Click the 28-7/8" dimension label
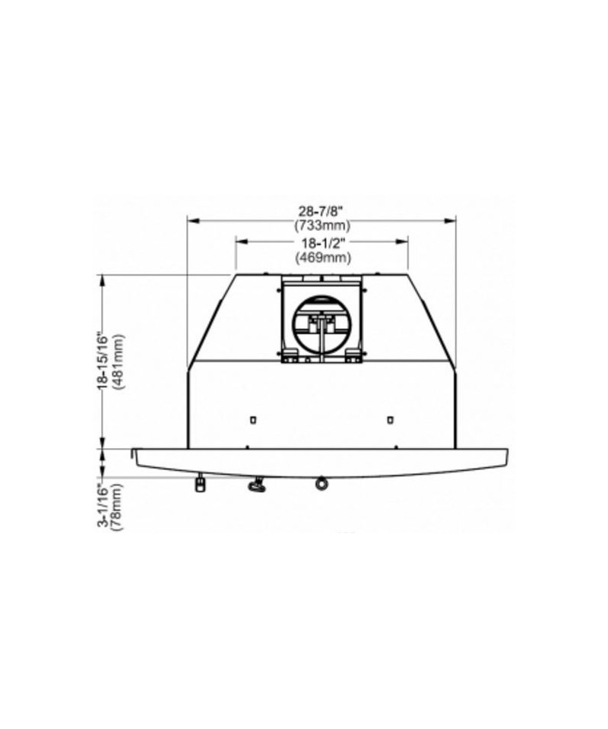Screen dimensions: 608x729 [321, 211]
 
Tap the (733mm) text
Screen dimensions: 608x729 [322, 226]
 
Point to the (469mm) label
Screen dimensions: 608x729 [323, 257]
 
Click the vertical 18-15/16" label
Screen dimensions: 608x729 [102, 360]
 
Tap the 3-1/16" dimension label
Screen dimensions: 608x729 [102, 506]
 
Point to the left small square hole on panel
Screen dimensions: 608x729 [252, 420]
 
